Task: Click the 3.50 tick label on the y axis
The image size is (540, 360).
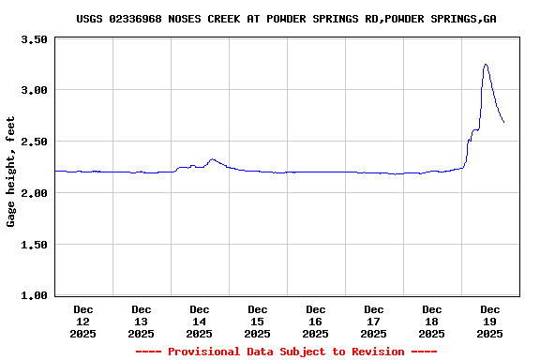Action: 34,39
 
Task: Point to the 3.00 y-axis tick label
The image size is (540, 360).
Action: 34,91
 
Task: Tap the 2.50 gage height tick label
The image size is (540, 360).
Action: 34,142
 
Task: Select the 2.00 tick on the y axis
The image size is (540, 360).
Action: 34,193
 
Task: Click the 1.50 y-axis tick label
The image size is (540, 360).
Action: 34,245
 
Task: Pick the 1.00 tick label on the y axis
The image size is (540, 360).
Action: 34,295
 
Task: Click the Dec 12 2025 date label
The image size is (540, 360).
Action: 83,321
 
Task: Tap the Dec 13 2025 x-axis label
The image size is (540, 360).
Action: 142,321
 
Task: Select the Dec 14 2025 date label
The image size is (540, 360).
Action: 200,321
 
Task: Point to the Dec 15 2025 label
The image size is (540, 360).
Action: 258,321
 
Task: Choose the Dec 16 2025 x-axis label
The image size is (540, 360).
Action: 316,321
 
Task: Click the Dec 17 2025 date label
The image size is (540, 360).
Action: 374,321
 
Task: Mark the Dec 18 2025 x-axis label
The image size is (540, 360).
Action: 432,321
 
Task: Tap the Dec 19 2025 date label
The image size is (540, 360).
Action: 490,321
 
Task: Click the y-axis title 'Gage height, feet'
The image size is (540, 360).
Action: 11,172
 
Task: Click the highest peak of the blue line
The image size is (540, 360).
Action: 486,64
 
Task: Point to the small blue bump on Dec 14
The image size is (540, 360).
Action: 213,159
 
